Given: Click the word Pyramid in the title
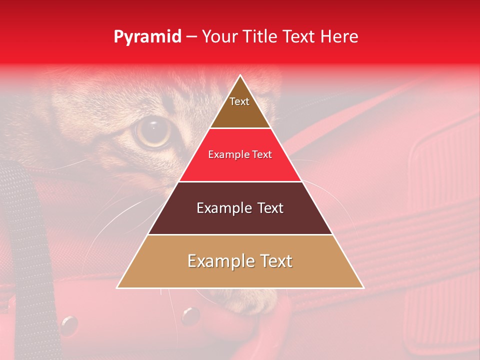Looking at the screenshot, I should [x=147, y=37].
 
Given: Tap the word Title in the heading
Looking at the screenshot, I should [x=261, y=36].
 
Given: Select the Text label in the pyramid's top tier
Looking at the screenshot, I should [x=239, y=101].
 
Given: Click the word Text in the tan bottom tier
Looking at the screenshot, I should [x=274, y=261].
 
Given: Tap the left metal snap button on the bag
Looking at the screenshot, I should [x=68, y=325].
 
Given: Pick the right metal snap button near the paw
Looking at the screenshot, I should [x=190, y=315].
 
